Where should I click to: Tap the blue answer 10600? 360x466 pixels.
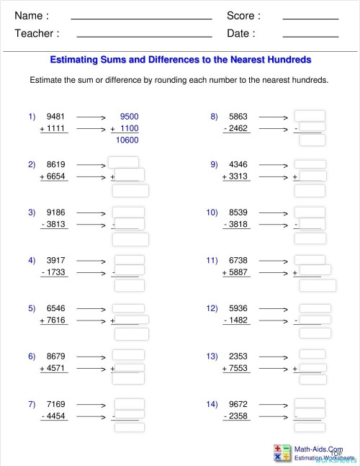point(127,140)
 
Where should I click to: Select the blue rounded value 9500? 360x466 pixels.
point(130,116)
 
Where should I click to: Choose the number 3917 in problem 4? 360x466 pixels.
point(55,260)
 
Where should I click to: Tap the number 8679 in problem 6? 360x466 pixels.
point(55,356)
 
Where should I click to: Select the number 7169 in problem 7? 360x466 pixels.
point(55,404)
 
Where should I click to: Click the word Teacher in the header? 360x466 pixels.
point(37,33)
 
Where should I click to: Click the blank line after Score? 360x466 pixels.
point(310,17)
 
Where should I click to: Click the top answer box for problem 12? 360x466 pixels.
point(315,308)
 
